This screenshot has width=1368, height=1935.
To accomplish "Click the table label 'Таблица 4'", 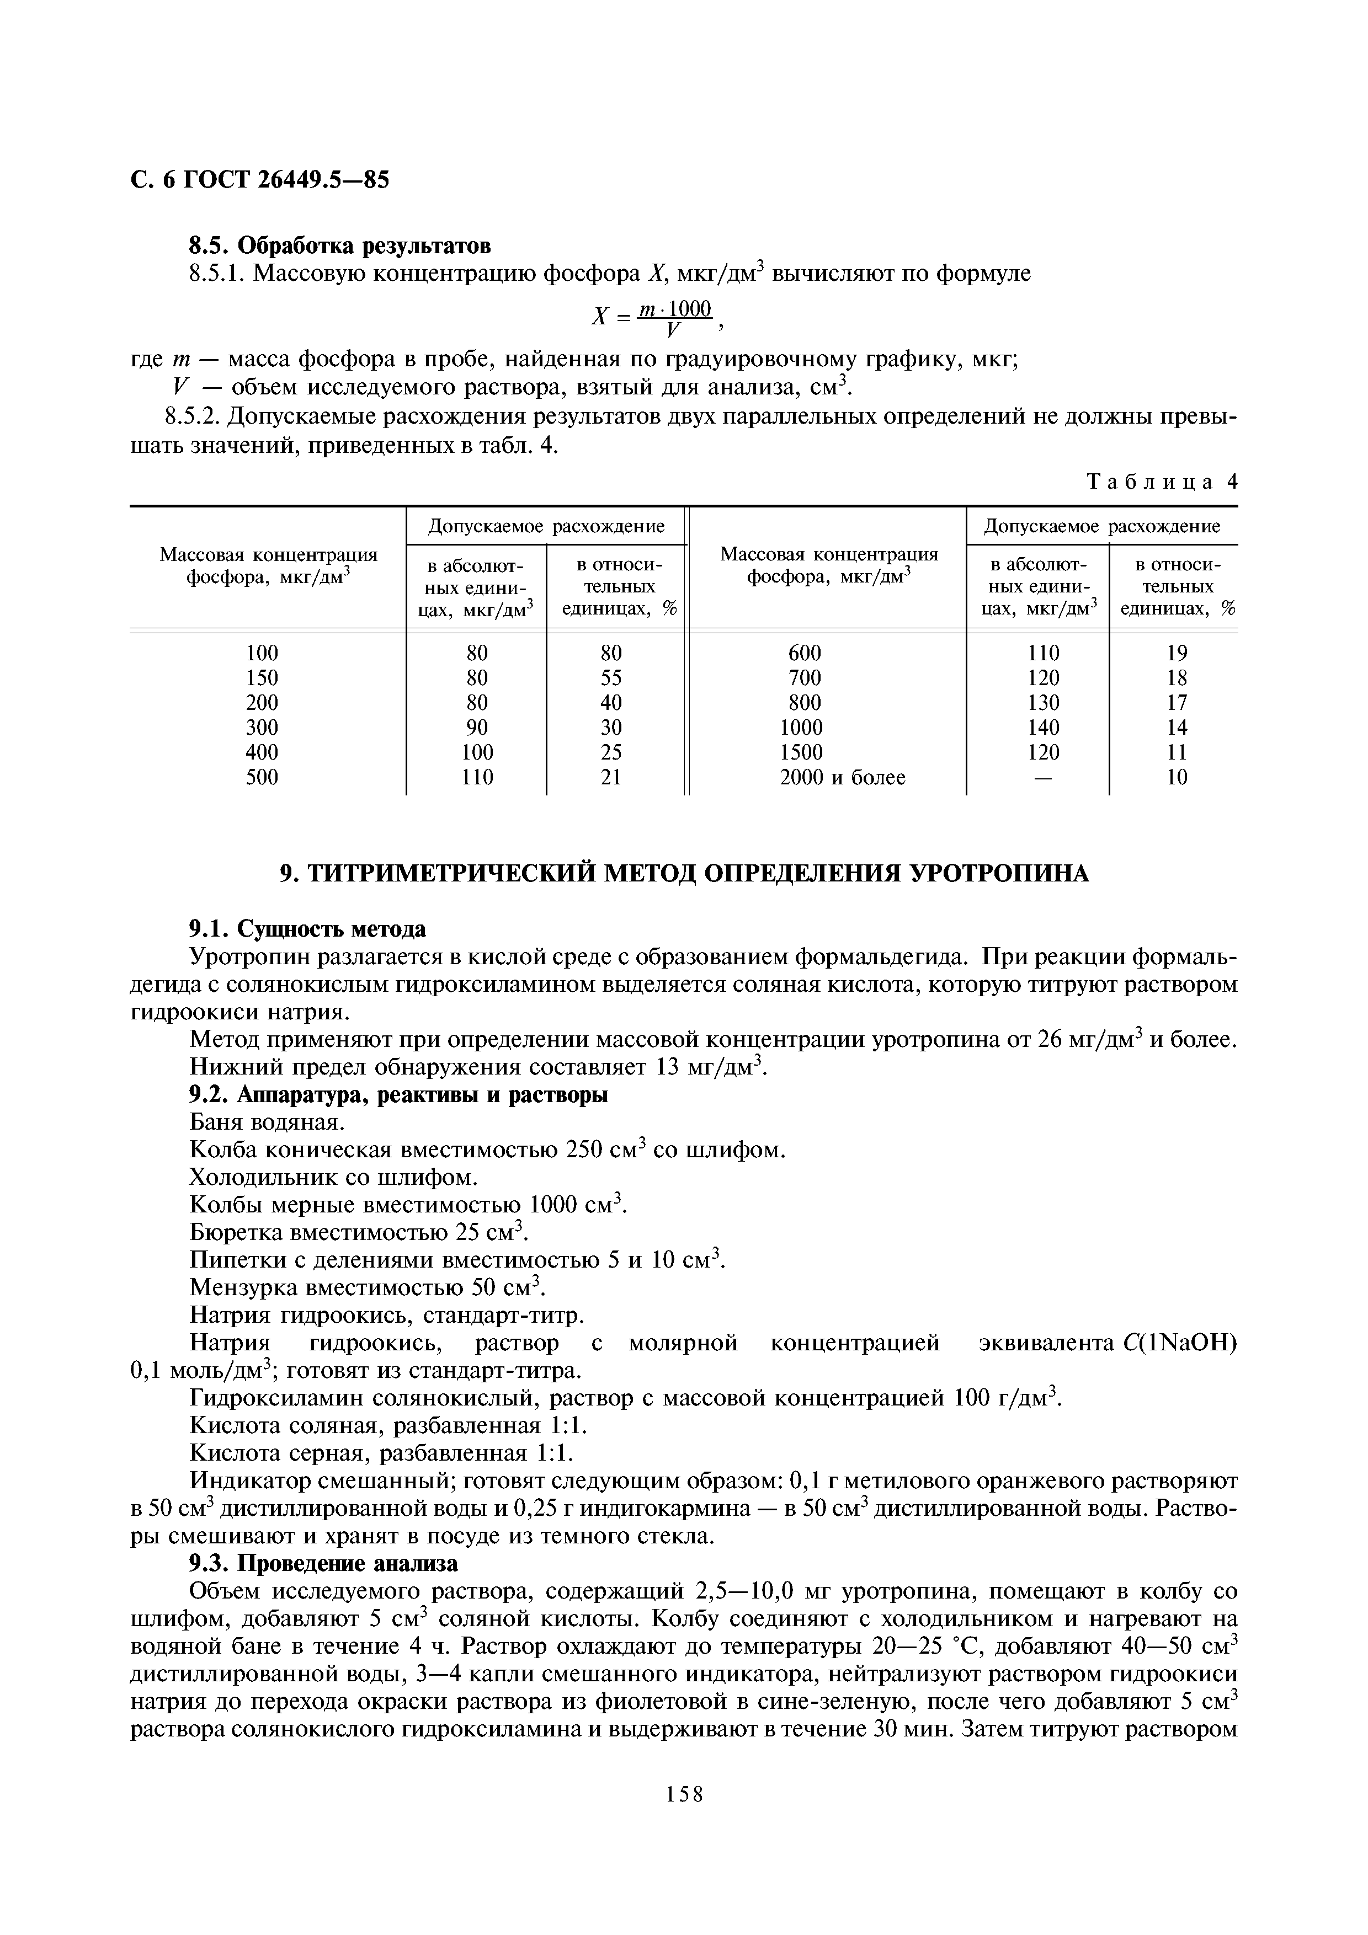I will tap(1162, 482).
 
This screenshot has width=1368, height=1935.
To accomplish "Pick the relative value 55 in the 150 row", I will tap(611, 677).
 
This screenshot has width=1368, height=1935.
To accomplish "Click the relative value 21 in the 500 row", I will tap(611, 777).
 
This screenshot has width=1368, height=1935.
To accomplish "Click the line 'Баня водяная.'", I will tap(267, 1122).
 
